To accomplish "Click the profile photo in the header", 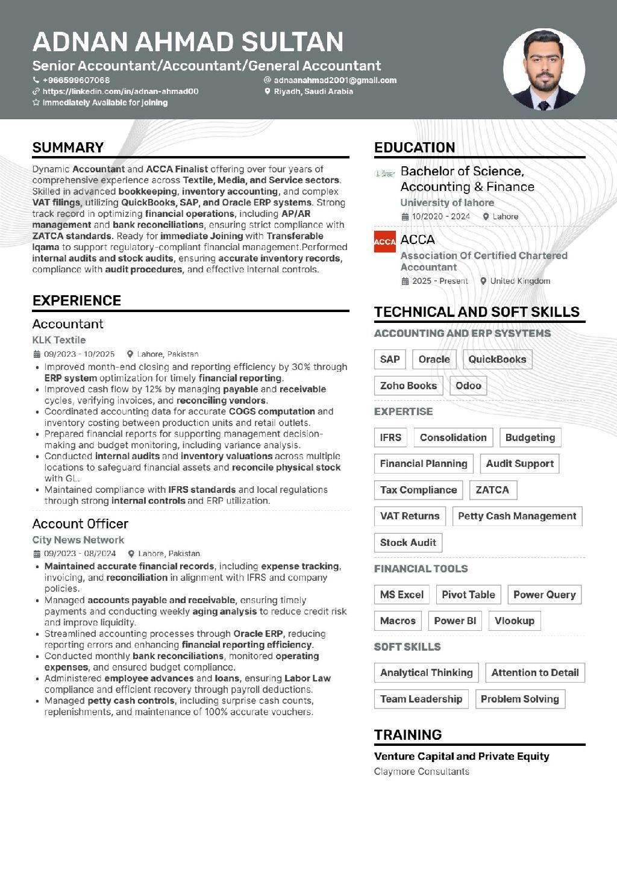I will [544, 69].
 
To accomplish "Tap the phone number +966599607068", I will [76, 80].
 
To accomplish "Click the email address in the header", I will [335, 80].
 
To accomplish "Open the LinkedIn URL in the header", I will [120, 92].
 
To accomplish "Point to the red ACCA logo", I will [384, 242].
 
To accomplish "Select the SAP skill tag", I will [390, 360].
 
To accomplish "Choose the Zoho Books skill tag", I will [408, 386].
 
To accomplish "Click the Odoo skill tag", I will [468, 386].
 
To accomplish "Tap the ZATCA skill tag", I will [492, 490].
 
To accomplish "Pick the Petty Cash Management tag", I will [517, 516].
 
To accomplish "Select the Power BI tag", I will [455, 621].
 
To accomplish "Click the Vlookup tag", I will [514, 621].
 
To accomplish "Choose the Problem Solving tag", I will [519, 699].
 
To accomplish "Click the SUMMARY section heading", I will [68, 148].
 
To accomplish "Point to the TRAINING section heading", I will [408, 734].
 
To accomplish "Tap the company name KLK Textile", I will [59, 340].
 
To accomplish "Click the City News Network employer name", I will [78, 540].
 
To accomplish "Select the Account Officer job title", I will [80, 524].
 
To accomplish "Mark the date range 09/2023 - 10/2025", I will [79, 354].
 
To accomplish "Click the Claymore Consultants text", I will [421, 771].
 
